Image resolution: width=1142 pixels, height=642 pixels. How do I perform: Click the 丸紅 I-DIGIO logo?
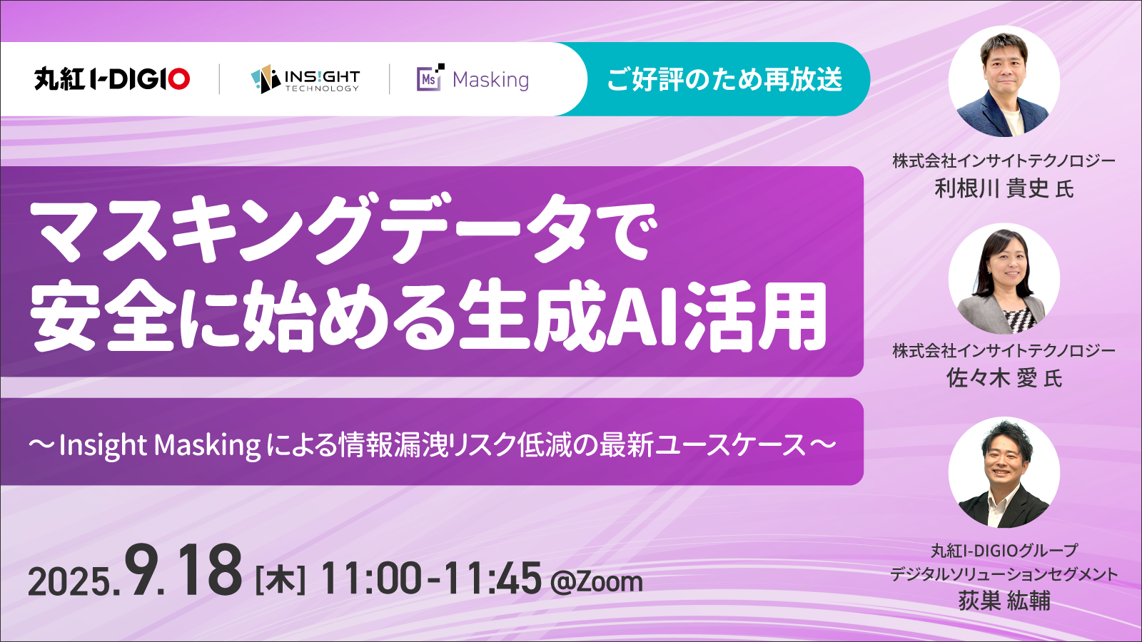tap(112, 79)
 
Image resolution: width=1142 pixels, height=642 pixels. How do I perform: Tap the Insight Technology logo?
tap(305, 79)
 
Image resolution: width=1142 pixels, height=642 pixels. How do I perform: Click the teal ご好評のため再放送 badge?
tap(724, 79)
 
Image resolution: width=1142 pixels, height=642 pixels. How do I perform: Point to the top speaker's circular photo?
tap(1004, 81)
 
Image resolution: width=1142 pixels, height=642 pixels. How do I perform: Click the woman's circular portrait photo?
tap(1004, 279)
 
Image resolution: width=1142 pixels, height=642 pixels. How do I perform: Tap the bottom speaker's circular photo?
tap(1004, 472)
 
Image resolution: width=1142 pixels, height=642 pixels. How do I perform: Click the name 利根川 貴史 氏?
tap(1004, 189)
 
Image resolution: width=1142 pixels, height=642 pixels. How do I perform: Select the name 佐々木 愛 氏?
tap(1004, 379)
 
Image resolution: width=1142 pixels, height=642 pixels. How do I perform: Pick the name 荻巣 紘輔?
tap(1004, 601)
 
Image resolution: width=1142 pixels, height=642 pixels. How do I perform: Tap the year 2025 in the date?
tap(69, 581)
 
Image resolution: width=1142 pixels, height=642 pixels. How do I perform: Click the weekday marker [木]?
tap(280, 581)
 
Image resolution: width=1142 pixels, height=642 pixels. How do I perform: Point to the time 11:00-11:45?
tap(431, 579)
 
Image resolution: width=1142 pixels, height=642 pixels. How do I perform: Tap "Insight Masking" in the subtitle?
tap(160, 446)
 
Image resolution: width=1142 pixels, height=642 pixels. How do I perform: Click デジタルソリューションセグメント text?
tap(1004, 575)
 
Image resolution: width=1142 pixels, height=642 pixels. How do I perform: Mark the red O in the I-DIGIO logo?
tap(178, 79)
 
